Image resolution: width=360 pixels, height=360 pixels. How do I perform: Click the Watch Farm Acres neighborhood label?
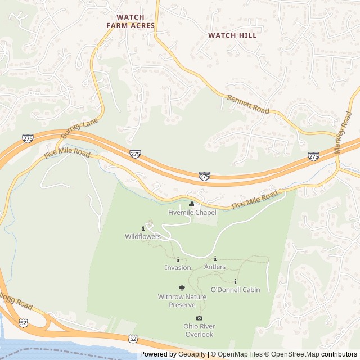pos(130,21)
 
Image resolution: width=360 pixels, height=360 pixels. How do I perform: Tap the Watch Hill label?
pos(232,35)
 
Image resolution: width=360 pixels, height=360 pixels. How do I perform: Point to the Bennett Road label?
pos(248,105)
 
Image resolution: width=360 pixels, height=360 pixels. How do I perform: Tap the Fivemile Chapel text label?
pos(192,213)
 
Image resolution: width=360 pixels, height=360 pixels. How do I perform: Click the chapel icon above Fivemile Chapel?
pos(192,204)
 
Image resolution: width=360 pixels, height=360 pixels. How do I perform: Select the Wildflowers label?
pos(143,237)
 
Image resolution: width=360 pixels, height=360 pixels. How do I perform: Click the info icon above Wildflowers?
pos(143,228)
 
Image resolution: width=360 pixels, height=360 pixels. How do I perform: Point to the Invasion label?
pos(178,268)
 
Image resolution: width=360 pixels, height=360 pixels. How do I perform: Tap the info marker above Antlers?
pos(215,259)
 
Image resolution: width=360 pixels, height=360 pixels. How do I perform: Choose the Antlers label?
pos(215,267)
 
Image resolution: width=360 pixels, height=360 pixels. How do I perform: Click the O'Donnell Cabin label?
pos(235,290)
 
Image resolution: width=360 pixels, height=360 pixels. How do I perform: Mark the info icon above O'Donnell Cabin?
pos(235,281)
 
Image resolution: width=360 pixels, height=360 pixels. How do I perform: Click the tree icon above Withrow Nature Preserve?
pos(181,288)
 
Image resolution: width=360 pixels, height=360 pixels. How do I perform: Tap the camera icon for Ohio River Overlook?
pos(199,318)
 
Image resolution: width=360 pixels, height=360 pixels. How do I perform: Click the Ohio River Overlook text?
pos(199,330)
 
